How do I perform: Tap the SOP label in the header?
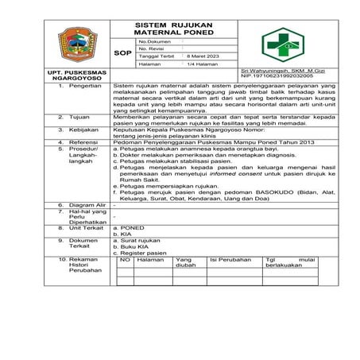123,53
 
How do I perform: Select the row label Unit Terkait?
87,227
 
